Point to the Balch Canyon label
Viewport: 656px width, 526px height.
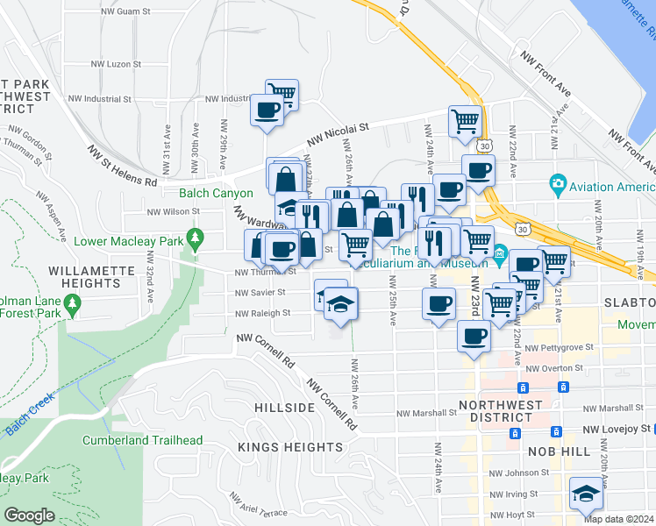pyautogui.click(x=216, y=193)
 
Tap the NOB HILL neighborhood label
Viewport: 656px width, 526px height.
pyautogui.click(x=561, y=450)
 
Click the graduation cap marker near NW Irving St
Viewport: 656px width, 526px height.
pyautogui.click(x=586, y=494)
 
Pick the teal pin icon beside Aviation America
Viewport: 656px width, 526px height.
pyautogui.click(x=556, y=185)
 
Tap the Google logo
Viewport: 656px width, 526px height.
pyautogui.click(x=29, y=515)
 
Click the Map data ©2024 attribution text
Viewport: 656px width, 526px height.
pyautogui.click(x=619, y=519)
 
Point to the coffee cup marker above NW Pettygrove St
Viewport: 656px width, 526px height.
pyautogui.click(x=474, y=337)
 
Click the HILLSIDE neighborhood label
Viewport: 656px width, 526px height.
pyautogui.click(x=284, y=409)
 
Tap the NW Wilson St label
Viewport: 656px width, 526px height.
pyautogui.click(x=173, y=211)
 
